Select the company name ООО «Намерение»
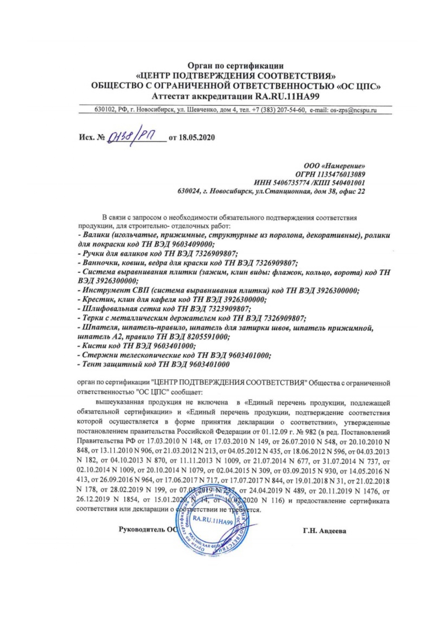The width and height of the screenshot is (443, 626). (x=334, y=166)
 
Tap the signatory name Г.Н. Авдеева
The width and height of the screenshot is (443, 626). (x=324, y=531)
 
